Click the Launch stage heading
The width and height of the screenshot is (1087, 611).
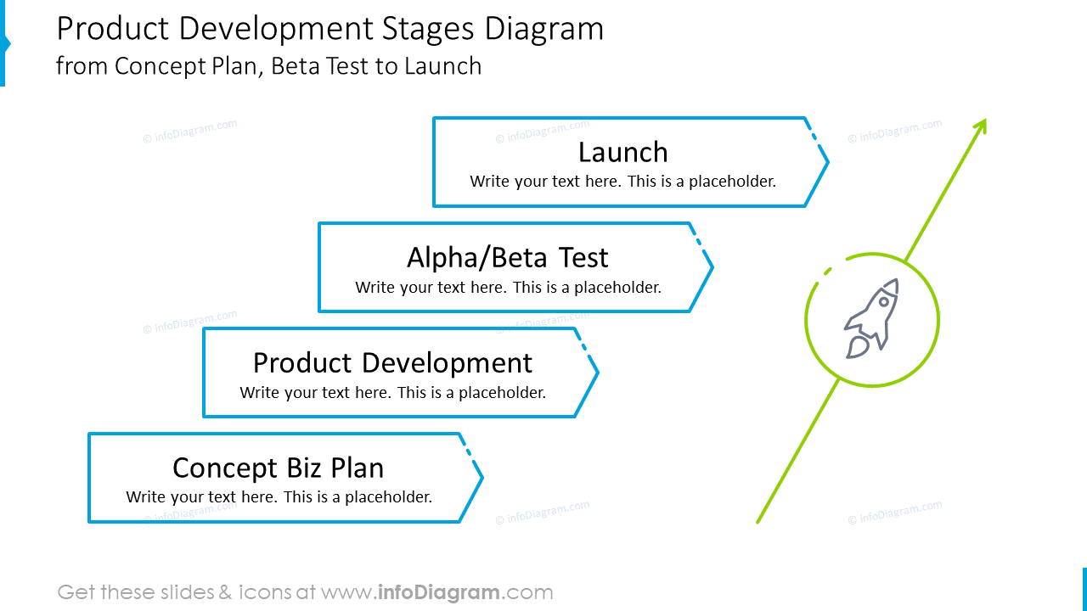[622, 153]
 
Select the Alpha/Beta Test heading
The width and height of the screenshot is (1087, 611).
[507, 258]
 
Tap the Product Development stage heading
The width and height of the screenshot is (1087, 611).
[392, 363]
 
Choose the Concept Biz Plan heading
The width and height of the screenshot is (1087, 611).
[278, 468]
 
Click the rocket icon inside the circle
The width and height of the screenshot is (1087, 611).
[871, 319]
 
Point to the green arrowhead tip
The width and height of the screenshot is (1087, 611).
[984, 121]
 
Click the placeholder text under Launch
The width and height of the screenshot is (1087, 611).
[622, 182]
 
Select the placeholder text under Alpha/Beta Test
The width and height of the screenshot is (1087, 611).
[508, 288]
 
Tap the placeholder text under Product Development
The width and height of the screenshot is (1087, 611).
[392, 393]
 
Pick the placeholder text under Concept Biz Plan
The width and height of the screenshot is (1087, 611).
[279, 497]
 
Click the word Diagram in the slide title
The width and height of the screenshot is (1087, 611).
[544, 30]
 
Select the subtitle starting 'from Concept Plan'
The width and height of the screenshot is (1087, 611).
[268, 66]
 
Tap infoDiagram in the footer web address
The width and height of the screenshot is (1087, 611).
[439, 592]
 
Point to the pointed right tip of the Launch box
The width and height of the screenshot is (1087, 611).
[827, 162]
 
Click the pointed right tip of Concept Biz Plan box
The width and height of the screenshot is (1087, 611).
[482, 478]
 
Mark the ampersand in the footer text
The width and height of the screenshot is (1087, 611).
[225, 592]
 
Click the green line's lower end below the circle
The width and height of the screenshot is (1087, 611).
[758, 521]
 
